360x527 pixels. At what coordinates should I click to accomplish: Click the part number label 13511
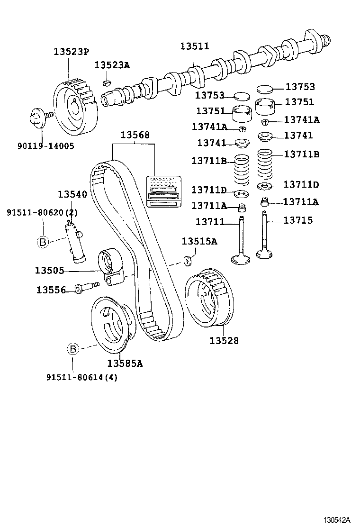194,46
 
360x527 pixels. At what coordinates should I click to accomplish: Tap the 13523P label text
71,52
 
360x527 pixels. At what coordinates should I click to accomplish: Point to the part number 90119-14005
46,146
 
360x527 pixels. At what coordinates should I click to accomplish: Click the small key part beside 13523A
107,83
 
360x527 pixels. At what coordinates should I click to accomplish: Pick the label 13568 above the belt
135,135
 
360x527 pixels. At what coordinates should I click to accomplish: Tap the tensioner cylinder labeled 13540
75,242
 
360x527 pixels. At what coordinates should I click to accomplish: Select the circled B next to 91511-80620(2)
43,242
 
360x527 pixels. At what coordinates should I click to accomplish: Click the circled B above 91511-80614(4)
72,349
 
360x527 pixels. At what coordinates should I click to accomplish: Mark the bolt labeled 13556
86,287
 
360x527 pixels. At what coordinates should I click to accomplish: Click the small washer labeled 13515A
188,260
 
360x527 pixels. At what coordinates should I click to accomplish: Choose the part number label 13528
224,340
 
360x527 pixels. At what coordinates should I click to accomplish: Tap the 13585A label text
125,363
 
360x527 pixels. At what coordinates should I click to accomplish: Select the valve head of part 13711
242,259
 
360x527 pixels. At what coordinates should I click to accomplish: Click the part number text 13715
298,220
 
